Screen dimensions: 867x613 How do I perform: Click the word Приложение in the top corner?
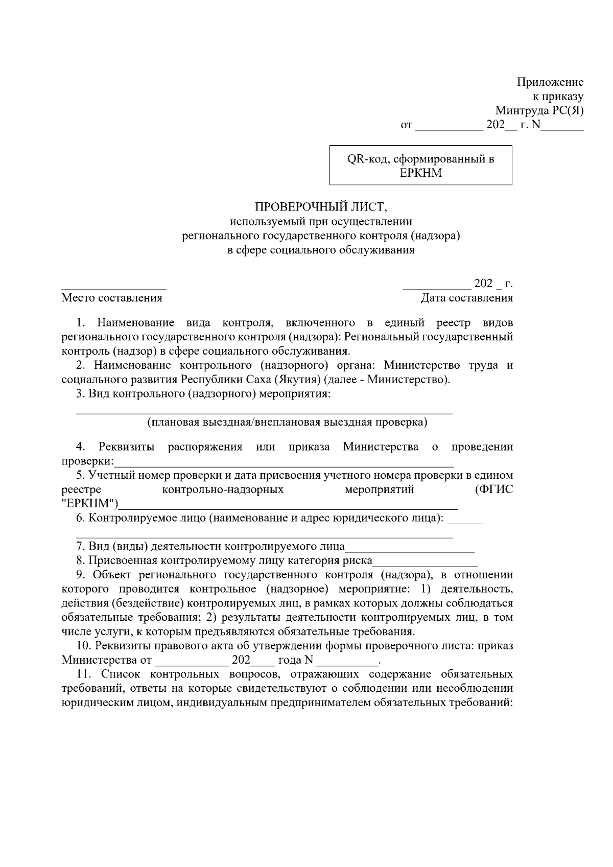[x=550, y=82]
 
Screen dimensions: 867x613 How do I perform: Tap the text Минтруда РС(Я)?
[x=539, y=111]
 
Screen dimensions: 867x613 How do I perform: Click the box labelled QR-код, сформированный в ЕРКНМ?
[x=420, y=166]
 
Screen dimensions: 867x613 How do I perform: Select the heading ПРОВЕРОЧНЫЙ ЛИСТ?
[x=322, y=207]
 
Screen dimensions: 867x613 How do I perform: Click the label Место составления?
[x=112, y=298]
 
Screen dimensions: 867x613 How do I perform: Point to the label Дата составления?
[x=466, y=298]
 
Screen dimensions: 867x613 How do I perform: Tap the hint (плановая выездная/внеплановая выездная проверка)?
[x=287, y=423]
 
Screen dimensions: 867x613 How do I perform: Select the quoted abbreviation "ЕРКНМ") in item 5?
[x=90, y=504]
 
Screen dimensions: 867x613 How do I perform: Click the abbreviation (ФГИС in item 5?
[x=493, y=490]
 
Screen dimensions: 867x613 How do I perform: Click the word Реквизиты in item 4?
[x=127, y=447]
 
